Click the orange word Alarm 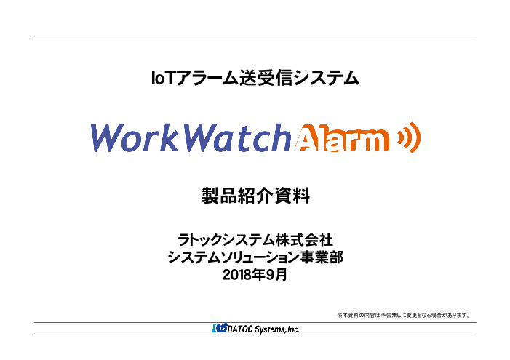coord(341,138)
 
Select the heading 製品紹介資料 coord(255,196)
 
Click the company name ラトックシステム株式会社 coord(255,239)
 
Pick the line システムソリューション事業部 coord(255,257)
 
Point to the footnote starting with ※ coord(402,315)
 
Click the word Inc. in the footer coord(292,329)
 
